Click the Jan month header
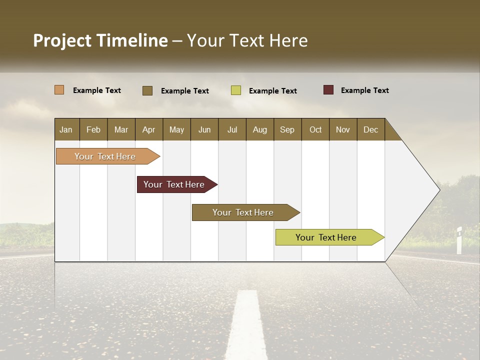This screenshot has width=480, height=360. (66, 129)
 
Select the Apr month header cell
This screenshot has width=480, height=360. (148, 129)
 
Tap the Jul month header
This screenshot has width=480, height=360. (232, 129)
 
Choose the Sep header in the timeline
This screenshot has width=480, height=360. (287, 129)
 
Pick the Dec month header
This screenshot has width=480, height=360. (370, 129)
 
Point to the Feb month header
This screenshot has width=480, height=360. (93, 129)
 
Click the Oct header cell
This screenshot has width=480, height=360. (315, 129)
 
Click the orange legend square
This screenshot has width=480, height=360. (59, 90)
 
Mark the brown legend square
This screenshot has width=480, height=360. (147, 90)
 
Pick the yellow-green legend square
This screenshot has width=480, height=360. (236, 90)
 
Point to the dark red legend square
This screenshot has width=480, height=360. (328, 90)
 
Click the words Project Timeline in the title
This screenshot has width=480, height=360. (100, 40)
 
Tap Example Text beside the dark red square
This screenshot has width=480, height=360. (364, 90)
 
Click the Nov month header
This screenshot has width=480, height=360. (343, 129)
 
